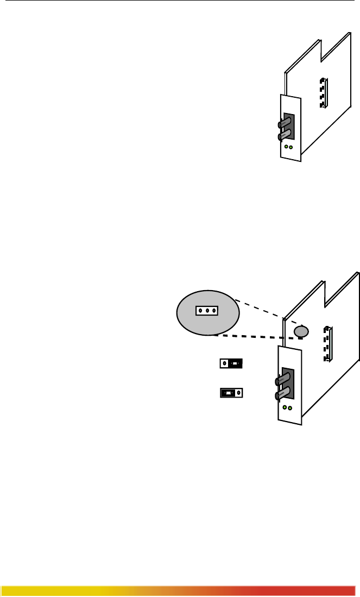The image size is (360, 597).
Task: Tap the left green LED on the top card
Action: [x=287, y=147]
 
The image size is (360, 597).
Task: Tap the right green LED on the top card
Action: [x=292, y=147]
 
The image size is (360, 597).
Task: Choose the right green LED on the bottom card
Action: [x=290, y=408]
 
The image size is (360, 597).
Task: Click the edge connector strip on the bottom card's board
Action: [x=327, y=343]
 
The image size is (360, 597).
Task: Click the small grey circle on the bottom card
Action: [x=301, y=331]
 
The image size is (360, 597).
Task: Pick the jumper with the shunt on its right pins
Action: [x=231, y=363]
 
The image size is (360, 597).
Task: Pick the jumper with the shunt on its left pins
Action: [x=231, y=392]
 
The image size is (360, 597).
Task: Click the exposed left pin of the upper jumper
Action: [x=224, y=363]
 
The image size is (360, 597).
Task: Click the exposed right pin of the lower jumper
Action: [x=239, y=392]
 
